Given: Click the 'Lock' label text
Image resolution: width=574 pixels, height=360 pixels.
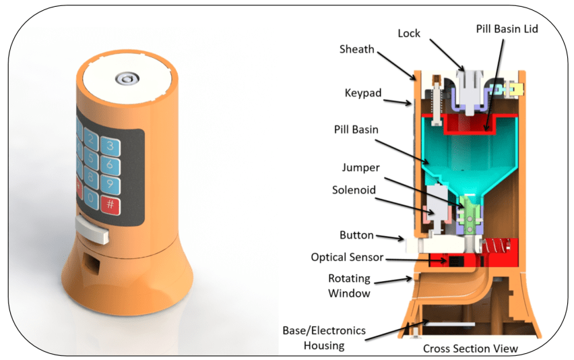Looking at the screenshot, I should [410, 32].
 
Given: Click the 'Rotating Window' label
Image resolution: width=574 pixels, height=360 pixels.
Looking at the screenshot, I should [348, 286].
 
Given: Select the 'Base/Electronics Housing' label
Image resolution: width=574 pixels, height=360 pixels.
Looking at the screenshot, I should [325, 338].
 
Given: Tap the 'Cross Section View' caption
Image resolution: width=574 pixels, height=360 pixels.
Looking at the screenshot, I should [470, 349].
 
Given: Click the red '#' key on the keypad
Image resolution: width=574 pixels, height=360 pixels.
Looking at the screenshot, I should [109, 204].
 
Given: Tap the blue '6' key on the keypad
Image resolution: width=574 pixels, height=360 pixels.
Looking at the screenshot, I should [108, 164].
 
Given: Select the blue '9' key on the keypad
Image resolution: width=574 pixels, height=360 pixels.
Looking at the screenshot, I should [108, 183].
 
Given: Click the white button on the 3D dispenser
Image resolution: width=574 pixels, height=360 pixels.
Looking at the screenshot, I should [92, 231].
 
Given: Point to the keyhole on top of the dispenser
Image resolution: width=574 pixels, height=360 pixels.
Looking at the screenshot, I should [126, 79].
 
